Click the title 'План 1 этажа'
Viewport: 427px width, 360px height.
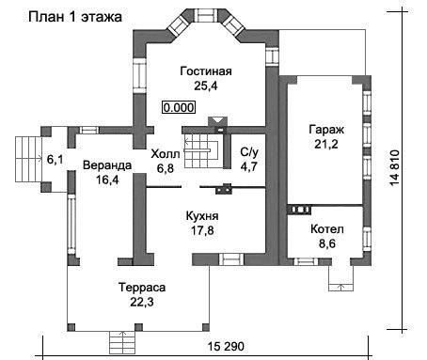[x=75, y=17]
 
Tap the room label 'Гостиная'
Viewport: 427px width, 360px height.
[x=206, y=71]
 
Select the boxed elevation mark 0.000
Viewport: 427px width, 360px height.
[x=179, y=107]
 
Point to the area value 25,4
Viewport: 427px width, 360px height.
[x=206, y=86]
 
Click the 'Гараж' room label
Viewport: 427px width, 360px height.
[x=326, y=130]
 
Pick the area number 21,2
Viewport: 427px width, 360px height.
[x=326, y=145]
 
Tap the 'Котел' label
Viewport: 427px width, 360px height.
[x=327, y=229]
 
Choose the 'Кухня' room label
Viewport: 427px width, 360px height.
[x=202, y=216]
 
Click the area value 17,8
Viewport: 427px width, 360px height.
[x=202, y=230]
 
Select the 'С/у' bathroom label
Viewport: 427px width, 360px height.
[x=249, y=152]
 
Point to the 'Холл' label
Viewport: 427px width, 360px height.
[x=166, y=154]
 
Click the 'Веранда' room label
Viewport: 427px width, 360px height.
[x=107, y=165]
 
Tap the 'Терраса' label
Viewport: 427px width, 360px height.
[x=142, y=288]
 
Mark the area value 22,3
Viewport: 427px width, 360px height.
[x=142, y=303]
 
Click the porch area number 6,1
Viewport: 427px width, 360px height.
[x=55, y=160]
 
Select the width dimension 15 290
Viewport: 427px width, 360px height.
[x=226, y=347]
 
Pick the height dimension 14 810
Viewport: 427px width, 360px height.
[x=395, y=168]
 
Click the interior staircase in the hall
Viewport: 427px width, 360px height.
[x=200, y=151]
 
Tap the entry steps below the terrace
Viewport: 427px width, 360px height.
[x=122, y=342]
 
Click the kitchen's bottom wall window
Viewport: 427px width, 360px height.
[x=231, y=259]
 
